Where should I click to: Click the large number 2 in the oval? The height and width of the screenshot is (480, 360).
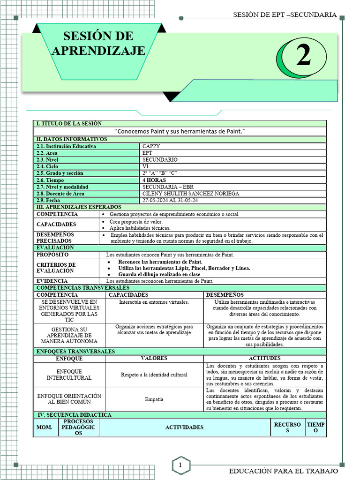[x=304, y=57]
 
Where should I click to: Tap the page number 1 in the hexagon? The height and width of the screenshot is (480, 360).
[x=180, y=465]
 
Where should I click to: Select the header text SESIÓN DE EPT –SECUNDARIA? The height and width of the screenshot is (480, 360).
[x=285, y=15]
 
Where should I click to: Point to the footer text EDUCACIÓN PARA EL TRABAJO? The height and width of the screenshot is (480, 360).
[x=283, y=471]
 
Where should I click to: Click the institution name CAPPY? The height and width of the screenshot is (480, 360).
[x=151, y=146]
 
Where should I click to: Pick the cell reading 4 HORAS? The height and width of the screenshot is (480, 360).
[x=154, y=180]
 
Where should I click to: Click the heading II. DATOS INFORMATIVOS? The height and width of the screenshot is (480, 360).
[x=72, y=139]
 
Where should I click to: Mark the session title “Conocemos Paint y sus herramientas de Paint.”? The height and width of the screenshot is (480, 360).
[x=180, y=131]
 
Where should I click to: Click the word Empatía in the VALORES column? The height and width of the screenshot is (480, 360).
[x=154, y=399]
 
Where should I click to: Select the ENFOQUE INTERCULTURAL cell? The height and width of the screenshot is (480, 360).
[x=69, y=374]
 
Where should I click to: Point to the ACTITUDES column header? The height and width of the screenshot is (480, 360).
[x=265, y=359]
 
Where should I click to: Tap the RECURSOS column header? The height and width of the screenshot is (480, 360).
[x=288, y=427]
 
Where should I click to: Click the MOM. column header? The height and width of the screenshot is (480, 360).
[x=45, y=427]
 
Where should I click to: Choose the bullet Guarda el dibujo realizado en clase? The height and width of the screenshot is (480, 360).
[x=159, y=274]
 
